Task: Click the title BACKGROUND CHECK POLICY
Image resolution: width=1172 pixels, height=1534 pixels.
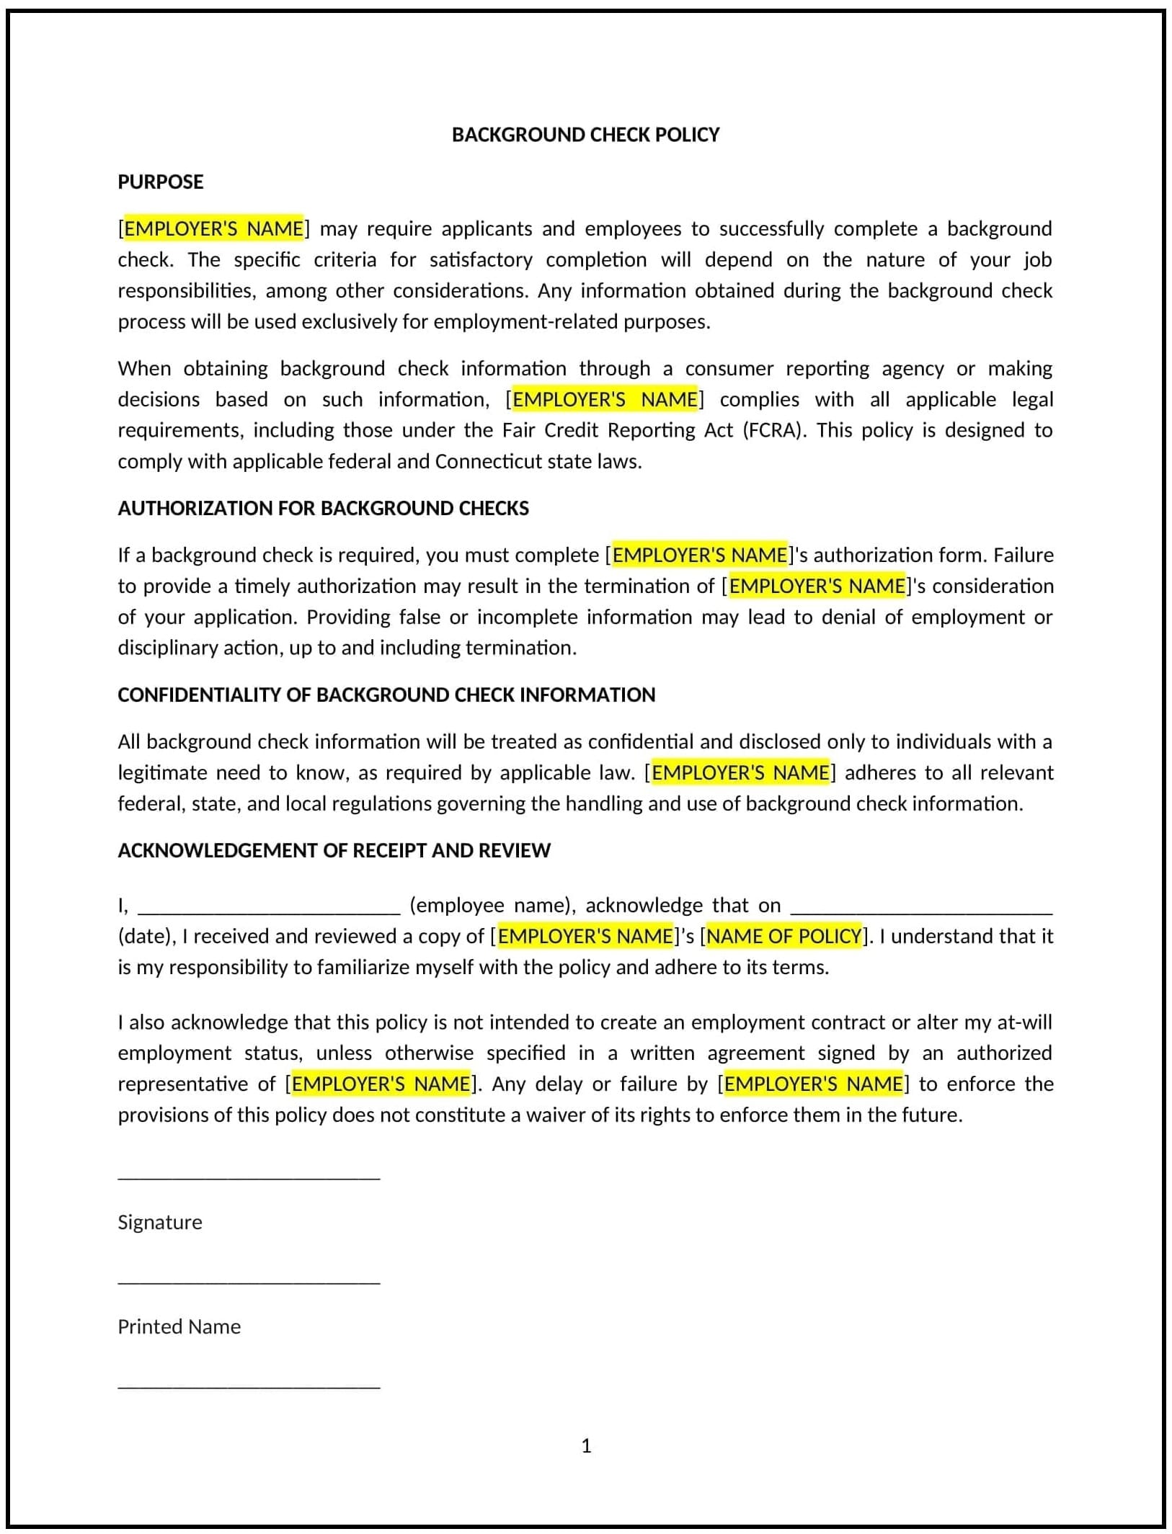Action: pos(585,135)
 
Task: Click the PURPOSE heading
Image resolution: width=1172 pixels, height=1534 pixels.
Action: pos(161,182)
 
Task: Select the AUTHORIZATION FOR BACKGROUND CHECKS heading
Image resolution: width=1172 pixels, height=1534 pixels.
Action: pos(323,508)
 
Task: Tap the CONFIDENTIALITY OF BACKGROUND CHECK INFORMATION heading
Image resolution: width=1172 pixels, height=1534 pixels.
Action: pos(386,695)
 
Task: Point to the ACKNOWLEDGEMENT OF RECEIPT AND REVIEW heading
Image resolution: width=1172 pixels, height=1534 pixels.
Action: pos(334,850)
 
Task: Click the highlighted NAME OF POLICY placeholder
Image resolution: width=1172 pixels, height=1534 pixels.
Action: pos(784,936)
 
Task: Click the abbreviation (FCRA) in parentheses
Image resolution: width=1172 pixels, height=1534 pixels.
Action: pos(775,430)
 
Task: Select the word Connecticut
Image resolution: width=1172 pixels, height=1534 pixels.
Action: pos(489,461)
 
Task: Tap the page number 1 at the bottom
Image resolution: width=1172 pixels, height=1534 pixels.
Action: pos(586,1446)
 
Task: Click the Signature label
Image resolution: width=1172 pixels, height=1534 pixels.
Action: pos(160,1222)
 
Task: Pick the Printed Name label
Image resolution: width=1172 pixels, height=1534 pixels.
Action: pos(179,1326)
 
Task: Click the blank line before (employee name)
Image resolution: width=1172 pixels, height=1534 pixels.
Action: pos(268,911)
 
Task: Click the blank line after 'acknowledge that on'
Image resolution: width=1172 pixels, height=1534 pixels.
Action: pos(921,911)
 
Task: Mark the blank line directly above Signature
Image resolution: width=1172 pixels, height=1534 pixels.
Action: pos(249,1177)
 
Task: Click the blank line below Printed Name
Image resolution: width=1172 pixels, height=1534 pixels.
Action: pos(249,1386)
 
